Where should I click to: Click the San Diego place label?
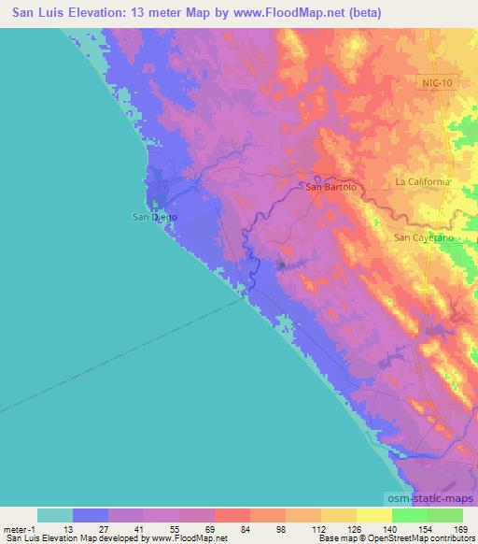pos(151,217)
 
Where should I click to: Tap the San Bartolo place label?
pos(332,187)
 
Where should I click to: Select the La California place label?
pos(422,180)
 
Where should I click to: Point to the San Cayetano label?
pos(422,237)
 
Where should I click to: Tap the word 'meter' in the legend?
pos(13,528)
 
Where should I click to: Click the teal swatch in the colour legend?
pos(54,515)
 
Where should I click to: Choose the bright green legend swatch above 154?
pos(409,515)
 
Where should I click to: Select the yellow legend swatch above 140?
pos(373,515)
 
